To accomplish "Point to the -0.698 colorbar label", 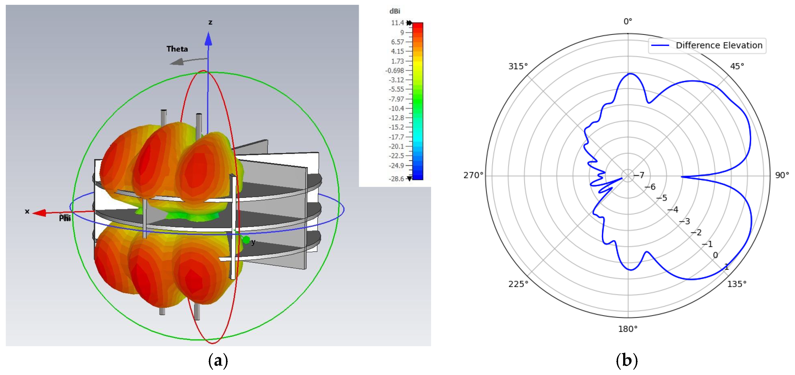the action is point(394,71).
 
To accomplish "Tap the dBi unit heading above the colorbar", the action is point(395,11).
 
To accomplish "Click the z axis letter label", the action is point(210,22).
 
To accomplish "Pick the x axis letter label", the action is point(27,211).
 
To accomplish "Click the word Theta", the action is point(177,49).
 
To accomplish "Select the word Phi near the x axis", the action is point(65,218).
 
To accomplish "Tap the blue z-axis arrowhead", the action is point(209,38).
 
